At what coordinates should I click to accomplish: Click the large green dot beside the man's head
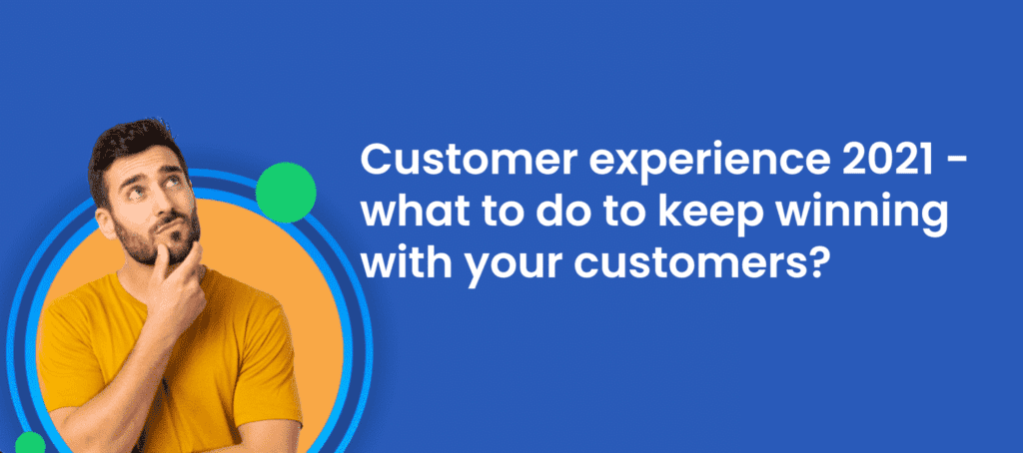click(x=286, y=193)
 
